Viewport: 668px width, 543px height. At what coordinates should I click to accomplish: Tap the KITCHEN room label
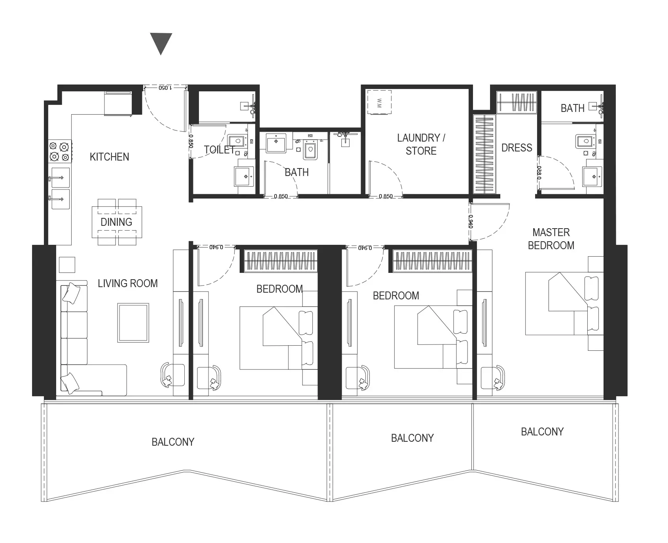(110, 157)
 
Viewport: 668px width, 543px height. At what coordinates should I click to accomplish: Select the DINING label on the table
(116, 222)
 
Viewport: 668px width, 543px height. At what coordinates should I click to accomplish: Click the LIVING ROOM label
(128, 284)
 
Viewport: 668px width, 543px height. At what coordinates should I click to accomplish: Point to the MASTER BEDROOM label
(551, 239)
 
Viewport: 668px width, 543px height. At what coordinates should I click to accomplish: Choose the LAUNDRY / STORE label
(421, 144)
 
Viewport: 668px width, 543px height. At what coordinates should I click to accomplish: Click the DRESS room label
(517, 148)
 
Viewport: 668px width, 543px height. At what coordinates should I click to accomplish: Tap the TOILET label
(219, 149)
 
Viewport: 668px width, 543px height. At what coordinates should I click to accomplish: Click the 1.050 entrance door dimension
(165, 87)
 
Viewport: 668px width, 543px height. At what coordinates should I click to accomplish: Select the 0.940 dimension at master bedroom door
(471, 221)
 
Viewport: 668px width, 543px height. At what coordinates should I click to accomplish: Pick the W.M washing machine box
(379, 102)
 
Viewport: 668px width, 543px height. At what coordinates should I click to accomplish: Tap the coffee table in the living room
(133, 323)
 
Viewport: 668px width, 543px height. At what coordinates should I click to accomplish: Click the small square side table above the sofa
(67, 265)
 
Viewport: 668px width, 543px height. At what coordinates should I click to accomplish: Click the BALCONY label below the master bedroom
(542, 432)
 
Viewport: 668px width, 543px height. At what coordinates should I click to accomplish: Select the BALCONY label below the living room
(173, 442)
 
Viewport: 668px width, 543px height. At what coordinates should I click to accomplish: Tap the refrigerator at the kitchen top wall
(118, 103)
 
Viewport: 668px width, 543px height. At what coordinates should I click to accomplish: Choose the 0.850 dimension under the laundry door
(386, 196)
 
